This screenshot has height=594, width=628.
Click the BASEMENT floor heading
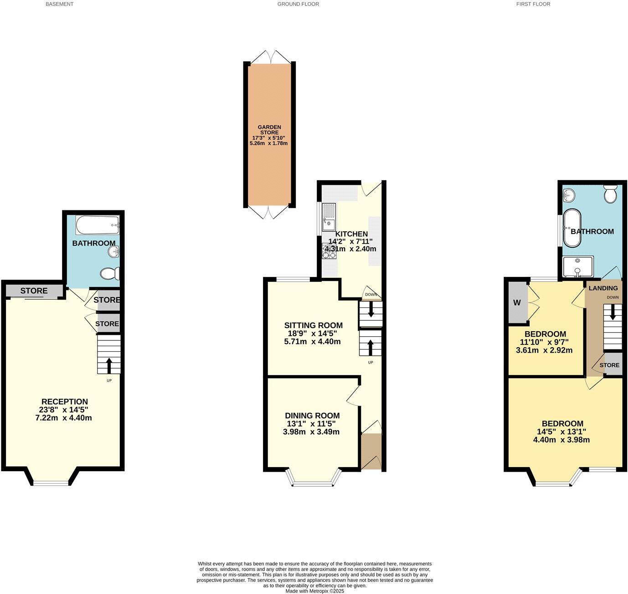pos(59,4)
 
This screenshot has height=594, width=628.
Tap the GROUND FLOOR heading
pos(298,4)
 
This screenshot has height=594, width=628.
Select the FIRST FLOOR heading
pos(533,4)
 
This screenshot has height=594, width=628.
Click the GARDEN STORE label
pos(269,130)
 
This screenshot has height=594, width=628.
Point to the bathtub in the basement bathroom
pos(98,225)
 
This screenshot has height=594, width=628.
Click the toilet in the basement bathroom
pos(109,274)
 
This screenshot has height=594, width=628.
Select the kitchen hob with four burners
pos(329,252)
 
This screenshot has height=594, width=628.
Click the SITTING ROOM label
pos(313,325)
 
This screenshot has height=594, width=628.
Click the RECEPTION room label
pos(64,402)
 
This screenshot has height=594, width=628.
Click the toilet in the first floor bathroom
pos(610,194)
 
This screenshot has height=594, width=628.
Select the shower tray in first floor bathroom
pos(578,266)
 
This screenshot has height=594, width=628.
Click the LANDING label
pos(603,288)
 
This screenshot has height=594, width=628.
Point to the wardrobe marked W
pos(517,303)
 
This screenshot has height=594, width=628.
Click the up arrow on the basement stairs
pos(109,365)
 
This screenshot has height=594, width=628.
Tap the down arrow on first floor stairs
pos(613,313)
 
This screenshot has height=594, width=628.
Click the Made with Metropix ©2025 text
pos(314,591)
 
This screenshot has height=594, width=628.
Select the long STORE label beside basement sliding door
pos(34,291)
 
